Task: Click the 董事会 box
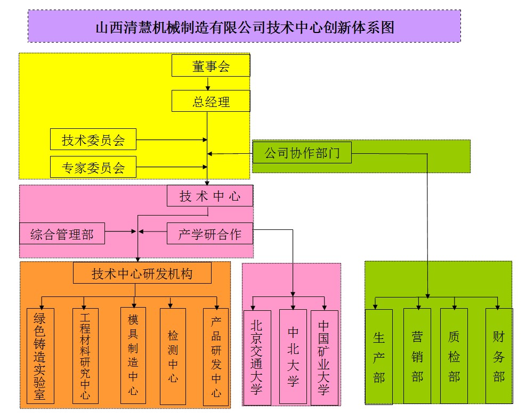[211, 66]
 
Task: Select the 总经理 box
[211, 101]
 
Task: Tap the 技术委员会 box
[93, 140]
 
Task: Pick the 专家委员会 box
[93, 168]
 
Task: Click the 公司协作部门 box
[302, 153]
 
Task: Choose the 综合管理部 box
[62, 234]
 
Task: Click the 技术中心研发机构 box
[142, 274]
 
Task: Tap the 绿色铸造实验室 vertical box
[40, 356]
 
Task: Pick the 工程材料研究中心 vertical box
[85, 355]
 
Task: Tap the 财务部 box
[499, 356]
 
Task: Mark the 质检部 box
[454, 356]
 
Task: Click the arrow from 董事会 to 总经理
[208, 83]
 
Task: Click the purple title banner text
[244, 27]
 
